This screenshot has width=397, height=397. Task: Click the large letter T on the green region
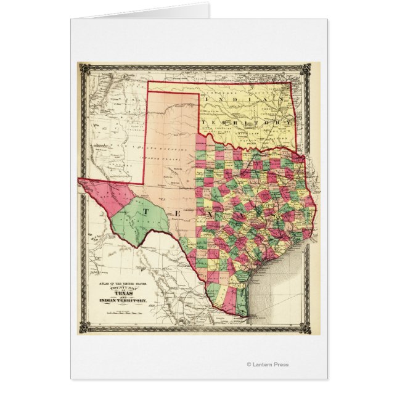click(x=147, y=210)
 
